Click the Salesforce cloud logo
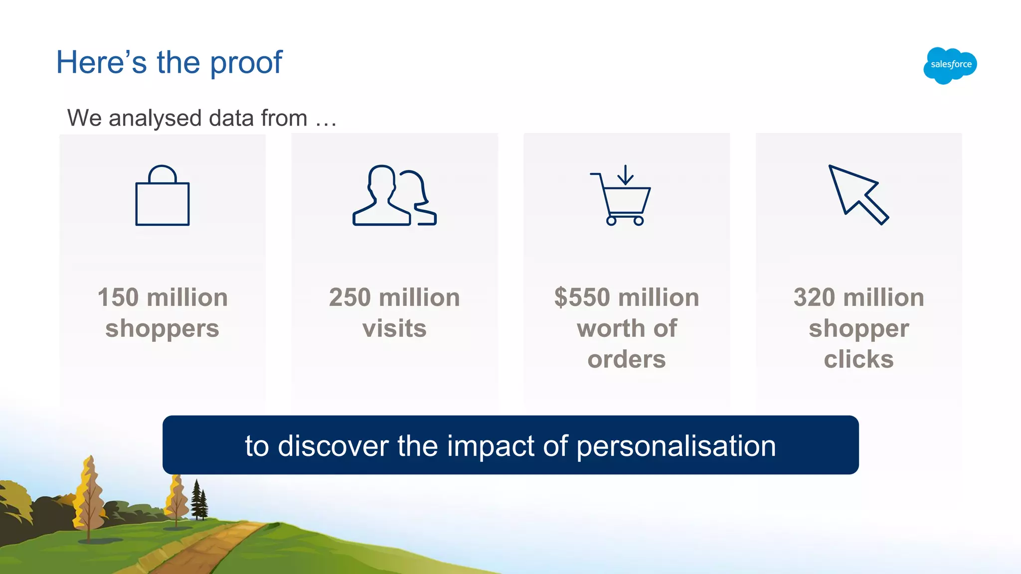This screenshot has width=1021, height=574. (950, 65)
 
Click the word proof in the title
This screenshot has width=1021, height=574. (246, 63)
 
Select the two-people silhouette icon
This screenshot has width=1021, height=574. (394, 195)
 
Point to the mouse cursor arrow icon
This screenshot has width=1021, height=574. (857, 194)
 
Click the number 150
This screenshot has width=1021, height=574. (118, 297)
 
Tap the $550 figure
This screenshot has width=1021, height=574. (582, 297)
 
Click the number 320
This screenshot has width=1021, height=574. (814, 297)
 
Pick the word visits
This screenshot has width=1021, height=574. (394, 329)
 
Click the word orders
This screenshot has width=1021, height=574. (627, 359)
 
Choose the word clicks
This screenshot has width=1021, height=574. (858, 359)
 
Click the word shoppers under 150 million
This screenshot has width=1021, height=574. (163, 329)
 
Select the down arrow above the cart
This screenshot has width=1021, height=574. (625, 175)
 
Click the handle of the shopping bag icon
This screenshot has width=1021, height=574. (163, 173)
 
